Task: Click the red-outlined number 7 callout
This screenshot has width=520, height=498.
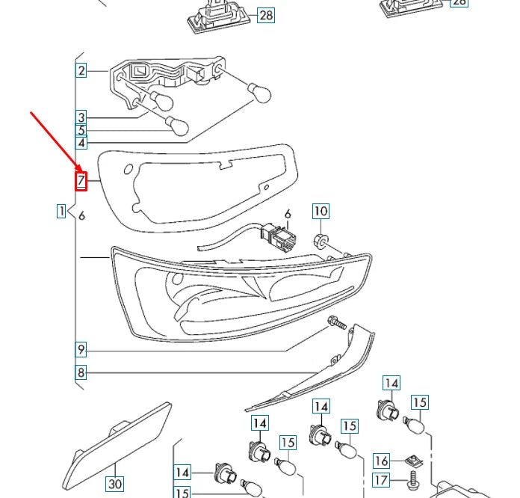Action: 81,180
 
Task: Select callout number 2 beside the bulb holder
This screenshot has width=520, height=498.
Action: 81,71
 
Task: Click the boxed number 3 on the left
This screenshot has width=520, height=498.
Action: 81,117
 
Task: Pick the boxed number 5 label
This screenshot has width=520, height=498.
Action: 81,130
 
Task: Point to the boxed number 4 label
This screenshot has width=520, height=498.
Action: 81,142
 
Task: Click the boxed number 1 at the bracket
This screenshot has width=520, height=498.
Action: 61,211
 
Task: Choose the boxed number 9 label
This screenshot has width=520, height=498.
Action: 81,349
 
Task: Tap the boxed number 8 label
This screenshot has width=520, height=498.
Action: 81,372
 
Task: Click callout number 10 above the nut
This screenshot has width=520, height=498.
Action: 320,211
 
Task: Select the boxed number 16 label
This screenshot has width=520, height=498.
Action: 381,461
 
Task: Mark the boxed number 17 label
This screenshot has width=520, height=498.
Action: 381,479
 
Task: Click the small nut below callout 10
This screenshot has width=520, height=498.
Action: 318,240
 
